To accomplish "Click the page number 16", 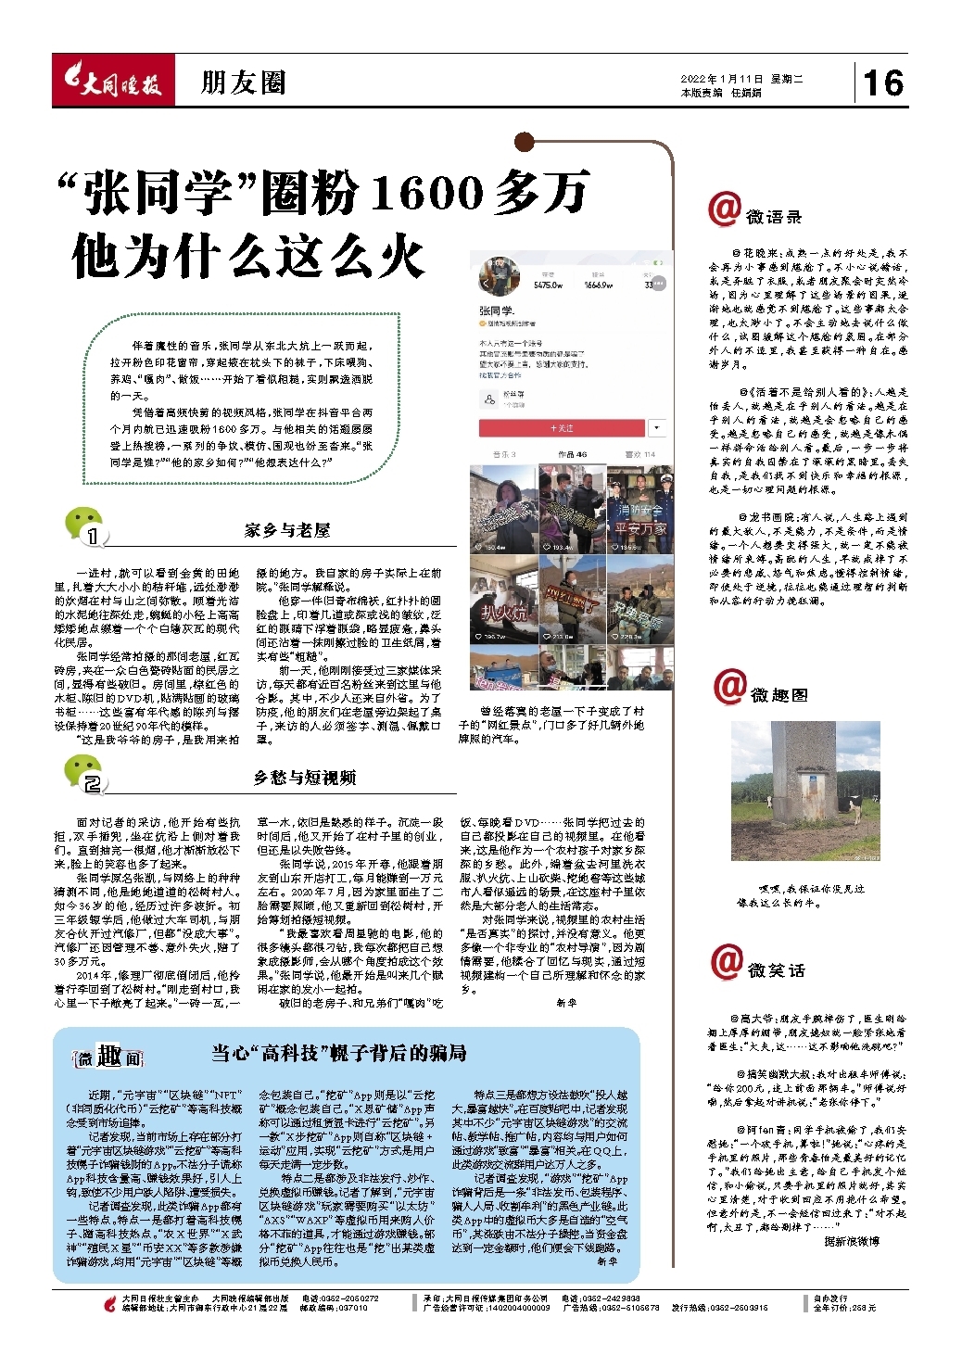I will (x=882, y=83).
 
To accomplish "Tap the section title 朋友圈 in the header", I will (x=243, y=83).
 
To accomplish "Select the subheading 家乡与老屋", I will (x=287, y=530).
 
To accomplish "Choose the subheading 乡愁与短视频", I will (x=305, y=778).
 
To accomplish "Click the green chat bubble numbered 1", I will (x=84, y=526).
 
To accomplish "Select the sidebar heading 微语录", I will (x=773, y=217).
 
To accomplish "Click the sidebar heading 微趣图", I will (x=778, y=695).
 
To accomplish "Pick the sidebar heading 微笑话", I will (x=776, y=969).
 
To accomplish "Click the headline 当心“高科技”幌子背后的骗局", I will (x=338, y=1053).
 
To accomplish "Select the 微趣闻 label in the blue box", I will (x=109, y=1057).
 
